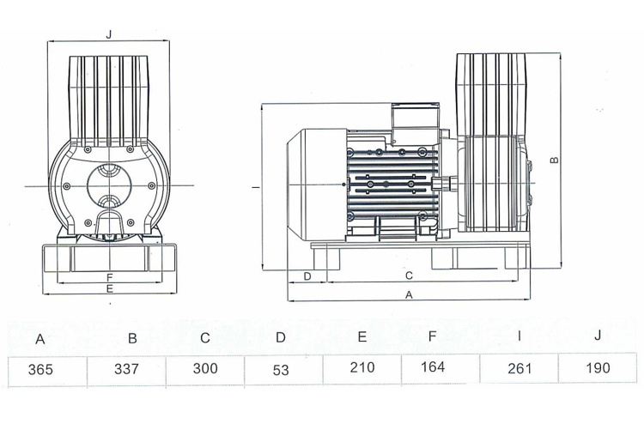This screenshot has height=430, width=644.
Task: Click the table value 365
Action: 40,370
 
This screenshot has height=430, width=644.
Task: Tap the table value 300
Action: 205,369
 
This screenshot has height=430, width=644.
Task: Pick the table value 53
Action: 281,370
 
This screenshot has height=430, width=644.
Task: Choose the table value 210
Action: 362,368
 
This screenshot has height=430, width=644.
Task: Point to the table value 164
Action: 434,367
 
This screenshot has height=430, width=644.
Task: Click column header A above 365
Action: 40,338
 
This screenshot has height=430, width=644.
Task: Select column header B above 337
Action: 132,338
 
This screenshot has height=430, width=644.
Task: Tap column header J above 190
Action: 598,334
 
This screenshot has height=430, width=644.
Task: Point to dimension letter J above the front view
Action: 108,34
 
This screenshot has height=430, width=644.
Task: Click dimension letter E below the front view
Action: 109,290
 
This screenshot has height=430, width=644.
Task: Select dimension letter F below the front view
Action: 109,277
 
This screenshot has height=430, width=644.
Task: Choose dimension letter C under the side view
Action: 409,276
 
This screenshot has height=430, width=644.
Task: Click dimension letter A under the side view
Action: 409,294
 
